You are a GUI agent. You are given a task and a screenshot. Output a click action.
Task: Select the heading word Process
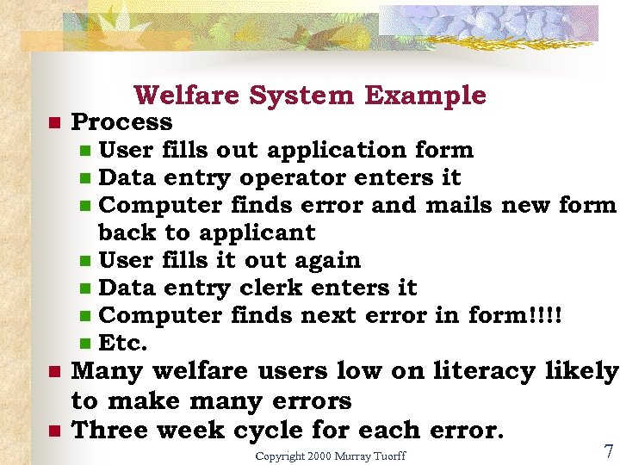121,122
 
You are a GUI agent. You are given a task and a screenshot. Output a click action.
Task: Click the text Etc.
123,343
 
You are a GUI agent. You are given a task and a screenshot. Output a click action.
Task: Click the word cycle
274,430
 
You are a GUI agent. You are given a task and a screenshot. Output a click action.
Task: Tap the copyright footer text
331,455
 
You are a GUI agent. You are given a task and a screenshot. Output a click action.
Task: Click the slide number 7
609,451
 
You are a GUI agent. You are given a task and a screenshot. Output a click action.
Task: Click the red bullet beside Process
53,123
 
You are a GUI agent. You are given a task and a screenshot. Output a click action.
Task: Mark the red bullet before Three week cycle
53,431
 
